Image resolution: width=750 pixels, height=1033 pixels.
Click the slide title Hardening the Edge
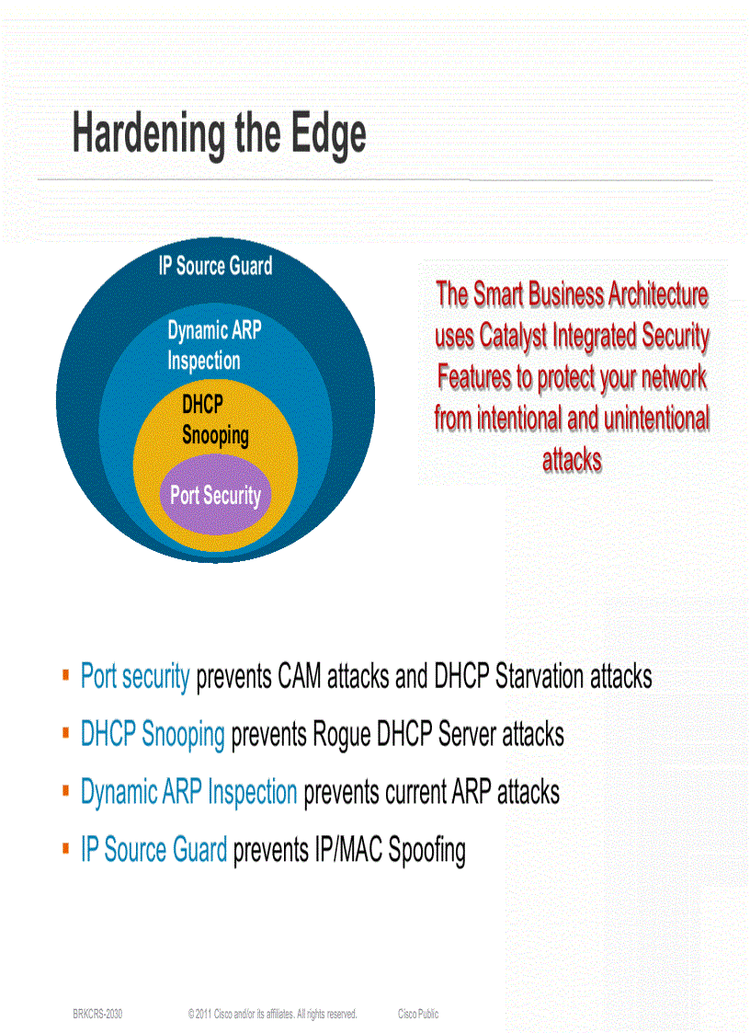(x=219, y=134)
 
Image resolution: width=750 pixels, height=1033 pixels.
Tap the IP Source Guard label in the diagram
(x=215, y=266)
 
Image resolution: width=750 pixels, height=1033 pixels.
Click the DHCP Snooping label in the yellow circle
(x=215, y=419)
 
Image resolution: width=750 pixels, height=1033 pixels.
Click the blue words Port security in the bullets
(x=135, y=677)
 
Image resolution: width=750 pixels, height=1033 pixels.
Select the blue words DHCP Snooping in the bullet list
(x=153, y=734)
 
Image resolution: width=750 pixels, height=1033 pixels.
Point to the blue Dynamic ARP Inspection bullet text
(x=188, y=791)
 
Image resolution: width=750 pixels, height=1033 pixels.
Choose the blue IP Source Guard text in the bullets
(x=153, y=849)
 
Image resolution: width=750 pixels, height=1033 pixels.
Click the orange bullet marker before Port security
(x=65, y=676)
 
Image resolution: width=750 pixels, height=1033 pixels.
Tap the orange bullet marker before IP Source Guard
(x=65, y=848)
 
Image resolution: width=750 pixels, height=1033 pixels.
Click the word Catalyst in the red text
(x=517, y=337)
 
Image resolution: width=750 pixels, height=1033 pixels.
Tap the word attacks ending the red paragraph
(x=572, y=460)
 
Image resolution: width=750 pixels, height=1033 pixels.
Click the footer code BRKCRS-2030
(x=97, y=1014)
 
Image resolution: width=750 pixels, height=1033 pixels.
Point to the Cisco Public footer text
(x=418, y=1014)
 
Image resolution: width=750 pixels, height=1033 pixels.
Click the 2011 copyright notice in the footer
(x=272, y=1014)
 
